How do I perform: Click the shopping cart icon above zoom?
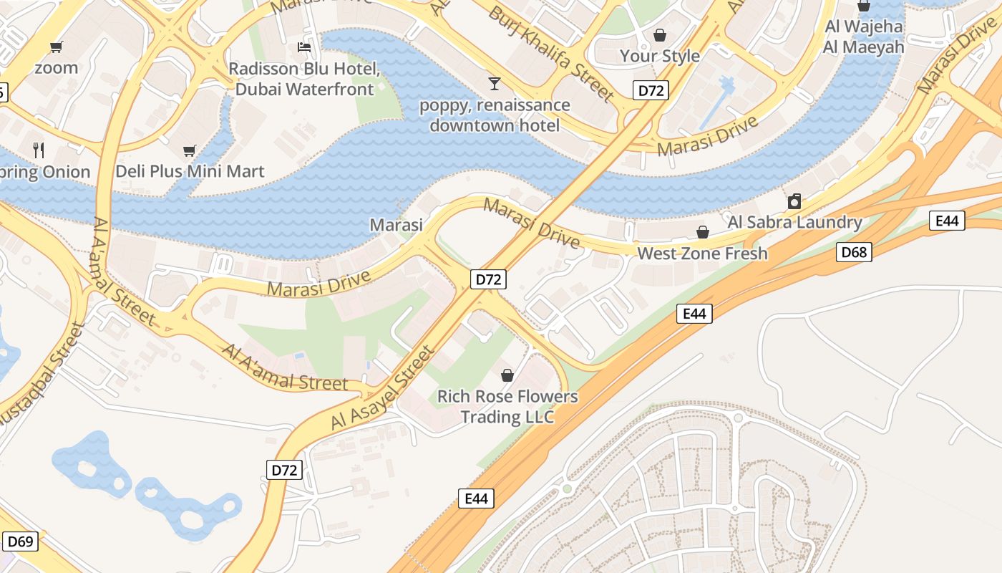pos(56,47)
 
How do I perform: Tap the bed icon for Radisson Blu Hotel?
pos(304,48)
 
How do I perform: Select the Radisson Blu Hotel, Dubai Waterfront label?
pos(304,80)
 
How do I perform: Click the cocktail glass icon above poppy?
pos(494,84)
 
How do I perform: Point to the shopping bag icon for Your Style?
pos(659,34)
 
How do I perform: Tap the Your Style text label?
pos(659,56)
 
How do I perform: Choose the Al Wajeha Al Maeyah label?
pos(863,37)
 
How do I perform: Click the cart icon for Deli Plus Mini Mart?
pos(190,150)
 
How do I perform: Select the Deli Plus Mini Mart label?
pos(190,172)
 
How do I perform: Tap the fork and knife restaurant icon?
pos(39,150)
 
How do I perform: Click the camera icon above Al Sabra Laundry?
pos(794,201)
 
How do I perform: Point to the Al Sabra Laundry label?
pos(794,222)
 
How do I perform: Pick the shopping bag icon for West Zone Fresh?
pos(702,232)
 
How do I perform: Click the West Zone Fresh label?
pos(702,254)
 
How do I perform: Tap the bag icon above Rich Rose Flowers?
pos(507,375)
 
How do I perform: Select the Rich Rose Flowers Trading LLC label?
pos(507,406)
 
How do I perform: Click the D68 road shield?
pos(854,251)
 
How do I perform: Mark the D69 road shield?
pos(20,541)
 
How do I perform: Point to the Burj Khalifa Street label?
pos(551,54)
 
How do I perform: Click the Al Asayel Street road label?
pos(383,389)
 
